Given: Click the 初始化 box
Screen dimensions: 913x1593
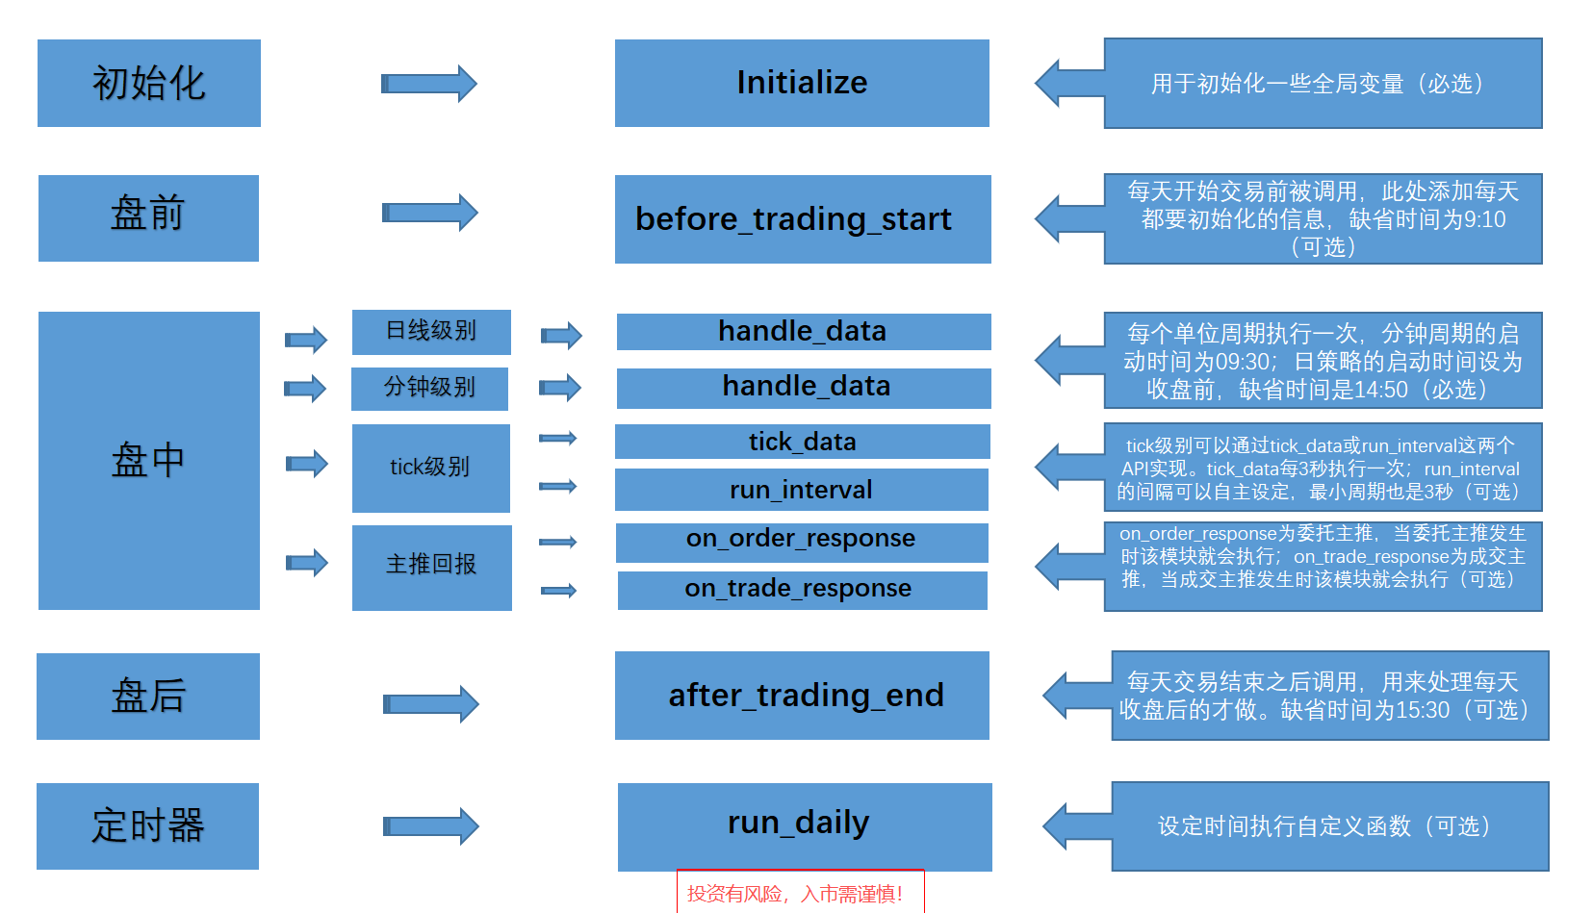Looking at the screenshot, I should pos(149,84).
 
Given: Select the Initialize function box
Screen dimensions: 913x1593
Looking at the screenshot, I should pos(802,84).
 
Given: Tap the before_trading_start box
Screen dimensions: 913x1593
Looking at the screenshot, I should pos(802,219).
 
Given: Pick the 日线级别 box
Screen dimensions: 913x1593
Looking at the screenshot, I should pos(431,332).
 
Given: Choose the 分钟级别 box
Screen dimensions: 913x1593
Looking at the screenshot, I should pos(429,389).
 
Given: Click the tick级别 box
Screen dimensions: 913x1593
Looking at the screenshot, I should pos(430,469).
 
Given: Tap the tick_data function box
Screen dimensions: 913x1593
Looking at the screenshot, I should pos(802,442).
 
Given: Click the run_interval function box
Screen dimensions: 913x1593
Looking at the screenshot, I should pos(801,490).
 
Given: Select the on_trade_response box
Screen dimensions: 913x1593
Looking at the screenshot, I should pos(802,590).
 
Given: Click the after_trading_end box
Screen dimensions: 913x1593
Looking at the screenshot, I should pos(802,696).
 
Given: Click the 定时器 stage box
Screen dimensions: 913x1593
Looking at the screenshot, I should pos(147,826).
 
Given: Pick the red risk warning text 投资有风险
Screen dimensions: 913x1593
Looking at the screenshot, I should pos(795,894).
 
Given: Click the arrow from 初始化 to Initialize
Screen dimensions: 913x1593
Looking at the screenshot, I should pos(429,84).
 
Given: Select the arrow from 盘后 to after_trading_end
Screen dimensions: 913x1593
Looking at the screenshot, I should pos(430,704).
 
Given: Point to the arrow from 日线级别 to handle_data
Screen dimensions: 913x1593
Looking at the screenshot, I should pos(561,335).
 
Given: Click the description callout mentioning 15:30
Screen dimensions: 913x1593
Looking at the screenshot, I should pos(1328,696).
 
